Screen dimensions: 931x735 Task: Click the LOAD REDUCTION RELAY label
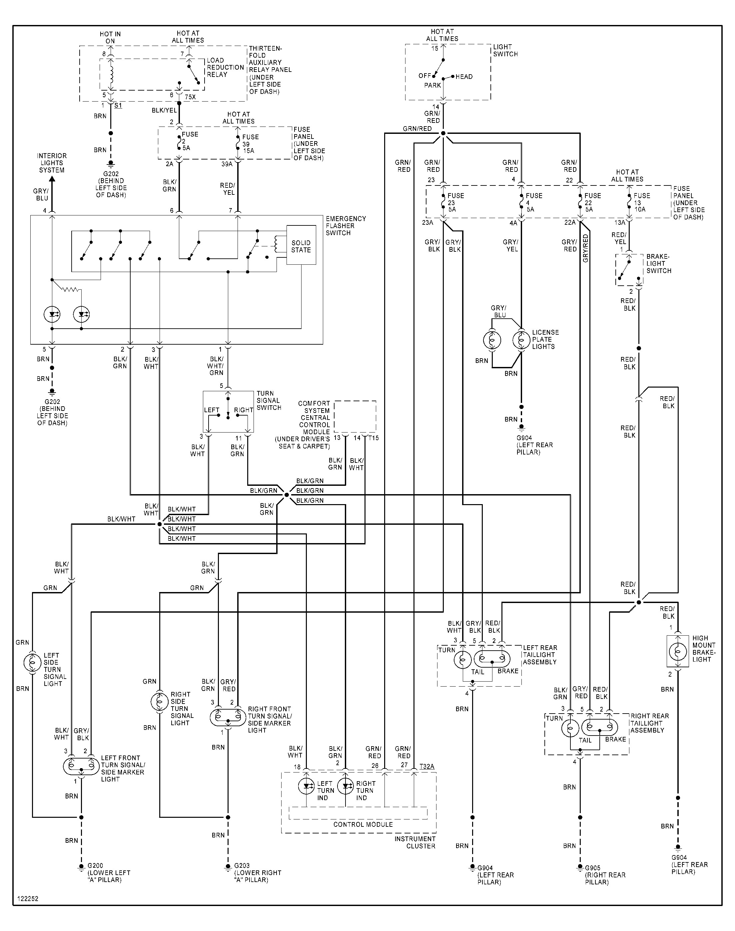pyautogui.click(x=225, y=68)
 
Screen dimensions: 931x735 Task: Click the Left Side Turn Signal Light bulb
pyautogui.click(x=33, y=663)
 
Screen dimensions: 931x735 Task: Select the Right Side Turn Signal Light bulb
pyautogui.click(x=160, y=702)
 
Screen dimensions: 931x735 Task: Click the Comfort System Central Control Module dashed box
pyautogui.click(x=355, y=416)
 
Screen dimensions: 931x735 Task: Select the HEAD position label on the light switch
pyautogui.click(x=464, y=77)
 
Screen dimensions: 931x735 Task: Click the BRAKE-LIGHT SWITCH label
pyautogui.click(x=658, y=264)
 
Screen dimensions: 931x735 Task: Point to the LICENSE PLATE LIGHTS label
pyautogui.click(x=545, y=339)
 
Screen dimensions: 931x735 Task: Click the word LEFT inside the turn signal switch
pyautogui.click(x=212, y=410)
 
